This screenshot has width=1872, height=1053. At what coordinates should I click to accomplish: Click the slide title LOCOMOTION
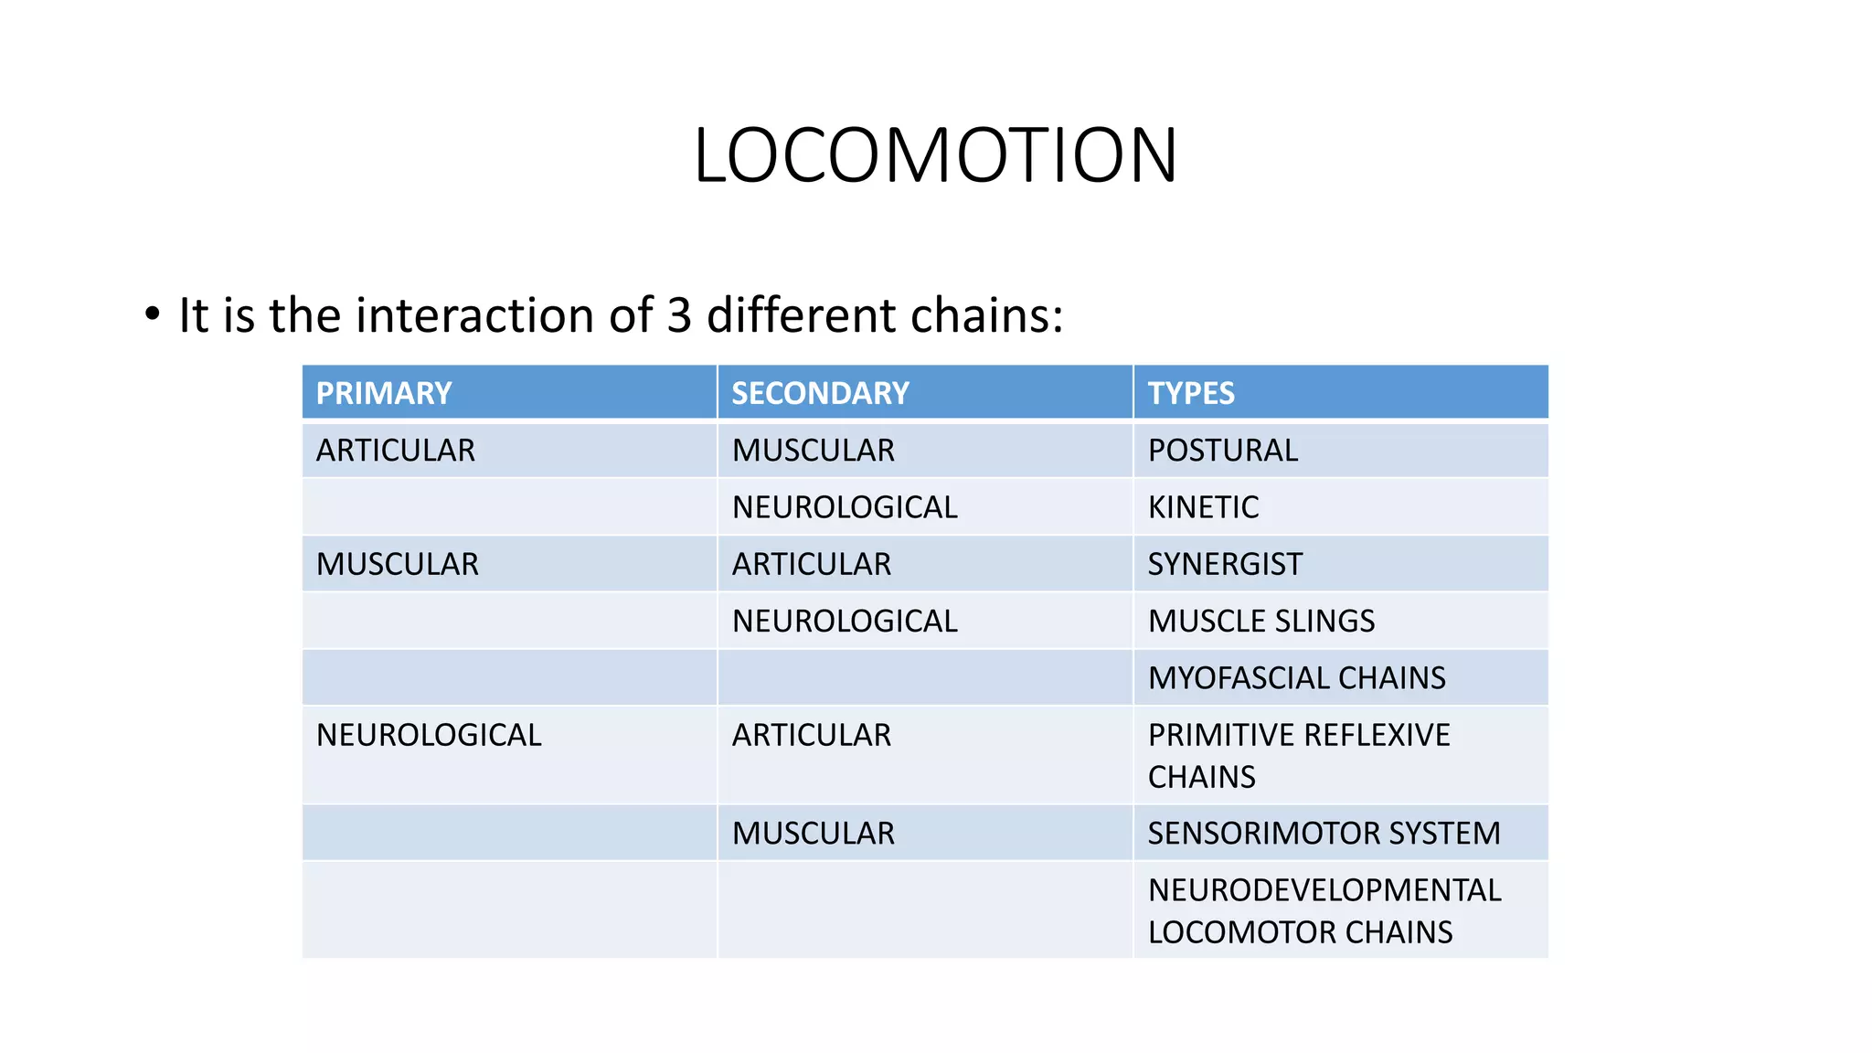point(935,155)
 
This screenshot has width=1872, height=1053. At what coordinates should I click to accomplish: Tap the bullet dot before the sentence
point(153,314)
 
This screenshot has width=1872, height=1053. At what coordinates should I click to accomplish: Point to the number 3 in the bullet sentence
point(679,315)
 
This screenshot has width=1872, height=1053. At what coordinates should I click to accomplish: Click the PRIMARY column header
point(384,393)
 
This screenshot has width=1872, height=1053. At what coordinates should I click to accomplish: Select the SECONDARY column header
point(820,393)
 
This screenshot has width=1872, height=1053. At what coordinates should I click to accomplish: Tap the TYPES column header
point(1191,393)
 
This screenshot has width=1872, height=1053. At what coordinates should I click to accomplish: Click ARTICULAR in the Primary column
point(396,451)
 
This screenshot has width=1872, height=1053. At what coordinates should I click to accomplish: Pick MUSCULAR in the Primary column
point(398,564)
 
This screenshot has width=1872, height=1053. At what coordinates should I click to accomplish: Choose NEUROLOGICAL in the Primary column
point(429,735)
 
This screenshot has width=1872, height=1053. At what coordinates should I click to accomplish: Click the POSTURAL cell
point(1223,451)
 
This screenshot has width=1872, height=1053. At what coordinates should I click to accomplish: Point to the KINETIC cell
point(1203,507)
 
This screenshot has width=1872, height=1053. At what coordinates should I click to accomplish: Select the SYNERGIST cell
point(1225,564)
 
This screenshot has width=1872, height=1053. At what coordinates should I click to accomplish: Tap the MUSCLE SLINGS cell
point(1261,622)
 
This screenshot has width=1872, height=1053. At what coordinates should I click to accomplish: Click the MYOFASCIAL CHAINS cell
point(1297,678)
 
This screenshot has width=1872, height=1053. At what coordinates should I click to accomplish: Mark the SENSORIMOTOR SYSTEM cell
point(1324,834)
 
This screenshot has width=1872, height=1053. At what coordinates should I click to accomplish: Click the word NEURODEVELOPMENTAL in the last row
point(1324,890)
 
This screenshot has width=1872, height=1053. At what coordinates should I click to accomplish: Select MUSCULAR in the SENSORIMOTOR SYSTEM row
point(814,834)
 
